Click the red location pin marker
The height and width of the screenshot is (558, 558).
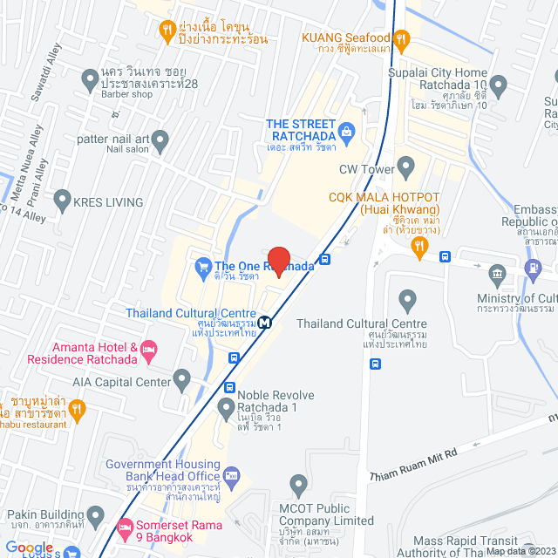pos(278,260)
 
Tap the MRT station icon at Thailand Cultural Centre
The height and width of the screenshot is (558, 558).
pos(264,320)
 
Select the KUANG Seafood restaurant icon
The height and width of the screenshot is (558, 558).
pos(401,38)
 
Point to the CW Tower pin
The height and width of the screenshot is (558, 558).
pos(405,167)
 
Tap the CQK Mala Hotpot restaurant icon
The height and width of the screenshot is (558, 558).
pos(419,248)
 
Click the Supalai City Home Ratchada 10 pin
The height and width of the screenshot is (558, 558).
pos(498,85)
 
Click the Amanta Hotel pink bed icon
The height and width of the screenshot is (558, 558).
pos(149,352)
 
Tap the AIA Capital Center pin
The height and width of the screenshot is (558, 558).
pos(181,380)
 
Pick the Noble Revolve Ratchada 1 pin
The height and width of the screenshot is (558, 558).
pos(226,407)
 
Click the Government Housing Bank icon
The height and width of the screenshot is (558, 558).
pos(231,475)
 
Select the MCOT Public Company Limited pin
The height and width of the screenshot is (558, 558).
pos(299,484)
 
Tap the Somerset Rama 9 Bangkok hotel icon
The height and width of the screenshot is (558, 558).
pos(124,527)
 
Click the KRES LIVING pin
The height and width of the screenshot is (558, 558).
pos(62,202)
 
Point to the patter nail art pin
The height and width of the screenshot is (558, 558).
pos(160,139)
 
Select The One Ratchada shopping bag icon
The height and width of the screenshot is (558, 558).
pos(202,266)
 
